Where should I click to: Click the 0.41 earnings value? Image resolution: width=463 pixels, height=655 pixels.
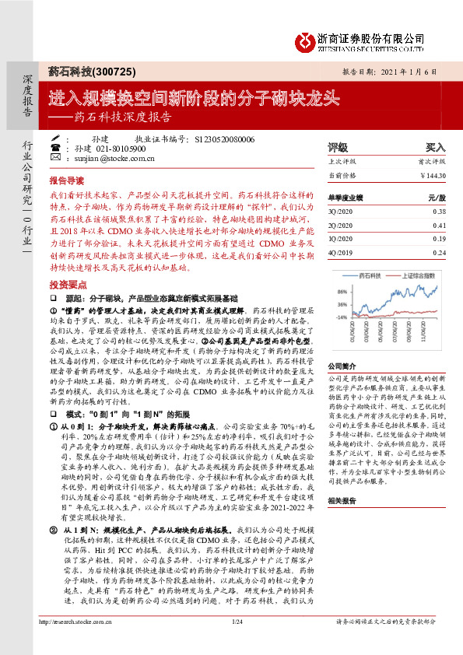coord(439,226)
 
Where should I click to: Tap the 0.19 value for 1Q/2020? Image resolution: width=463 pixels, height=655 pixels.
coord(439,240)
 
